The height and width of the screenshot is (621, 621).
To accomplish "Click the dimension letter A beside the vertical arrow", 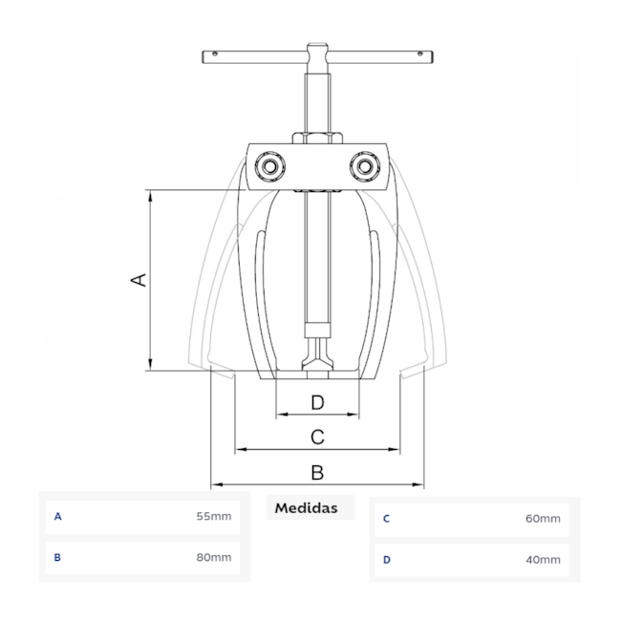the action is (139, 280).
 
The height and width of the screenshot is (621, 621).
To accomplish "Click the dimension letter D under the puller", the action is (317, 402).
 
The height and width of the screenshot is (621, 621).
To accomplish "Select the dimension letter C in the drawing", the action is (317, 438).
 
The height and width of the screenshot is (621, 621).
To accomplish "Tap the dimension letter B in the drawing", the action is (317, 473).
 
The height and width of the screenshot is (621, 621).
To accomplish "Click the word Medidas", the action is (306, 508).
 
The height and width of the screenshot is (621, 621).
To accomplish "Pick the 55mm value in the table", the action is (214, 517).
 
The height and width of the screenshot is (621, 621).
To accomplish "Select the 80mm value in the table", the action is (214, 558).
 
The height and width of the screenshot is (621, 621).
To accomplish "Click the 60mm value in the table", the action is (543, 519).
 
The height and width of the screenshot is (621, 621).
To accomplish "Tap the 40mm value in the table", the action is (543, 560).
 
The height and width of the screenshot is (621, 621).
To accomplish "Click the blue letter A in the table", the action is (58, 517).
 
